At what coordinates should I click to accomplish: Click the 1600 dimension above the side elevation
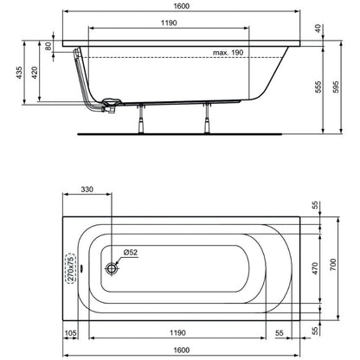[x=182, y=6]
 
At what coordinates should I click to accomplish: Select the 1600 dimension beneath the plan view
[x=182, y=350]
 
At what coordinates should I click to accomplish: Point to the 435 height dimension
[x=19, y=73]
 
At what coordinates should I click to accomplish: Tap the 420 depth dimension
[x=35, y=73]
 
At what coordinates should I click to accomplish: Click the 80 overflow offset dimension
[x=48, y=46]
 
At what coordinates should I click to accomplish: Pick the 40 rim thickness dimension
[x=318, y=29]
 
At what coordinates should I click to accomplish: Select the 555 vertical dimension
[x=318, y=87]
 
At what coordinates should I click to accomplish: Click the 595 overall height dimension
[x=336, y=87]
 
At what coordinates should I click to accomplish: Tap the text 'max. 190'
[x=228, y=53]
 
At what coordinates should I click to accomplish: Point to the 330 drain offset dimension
[x=87, y=190]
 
